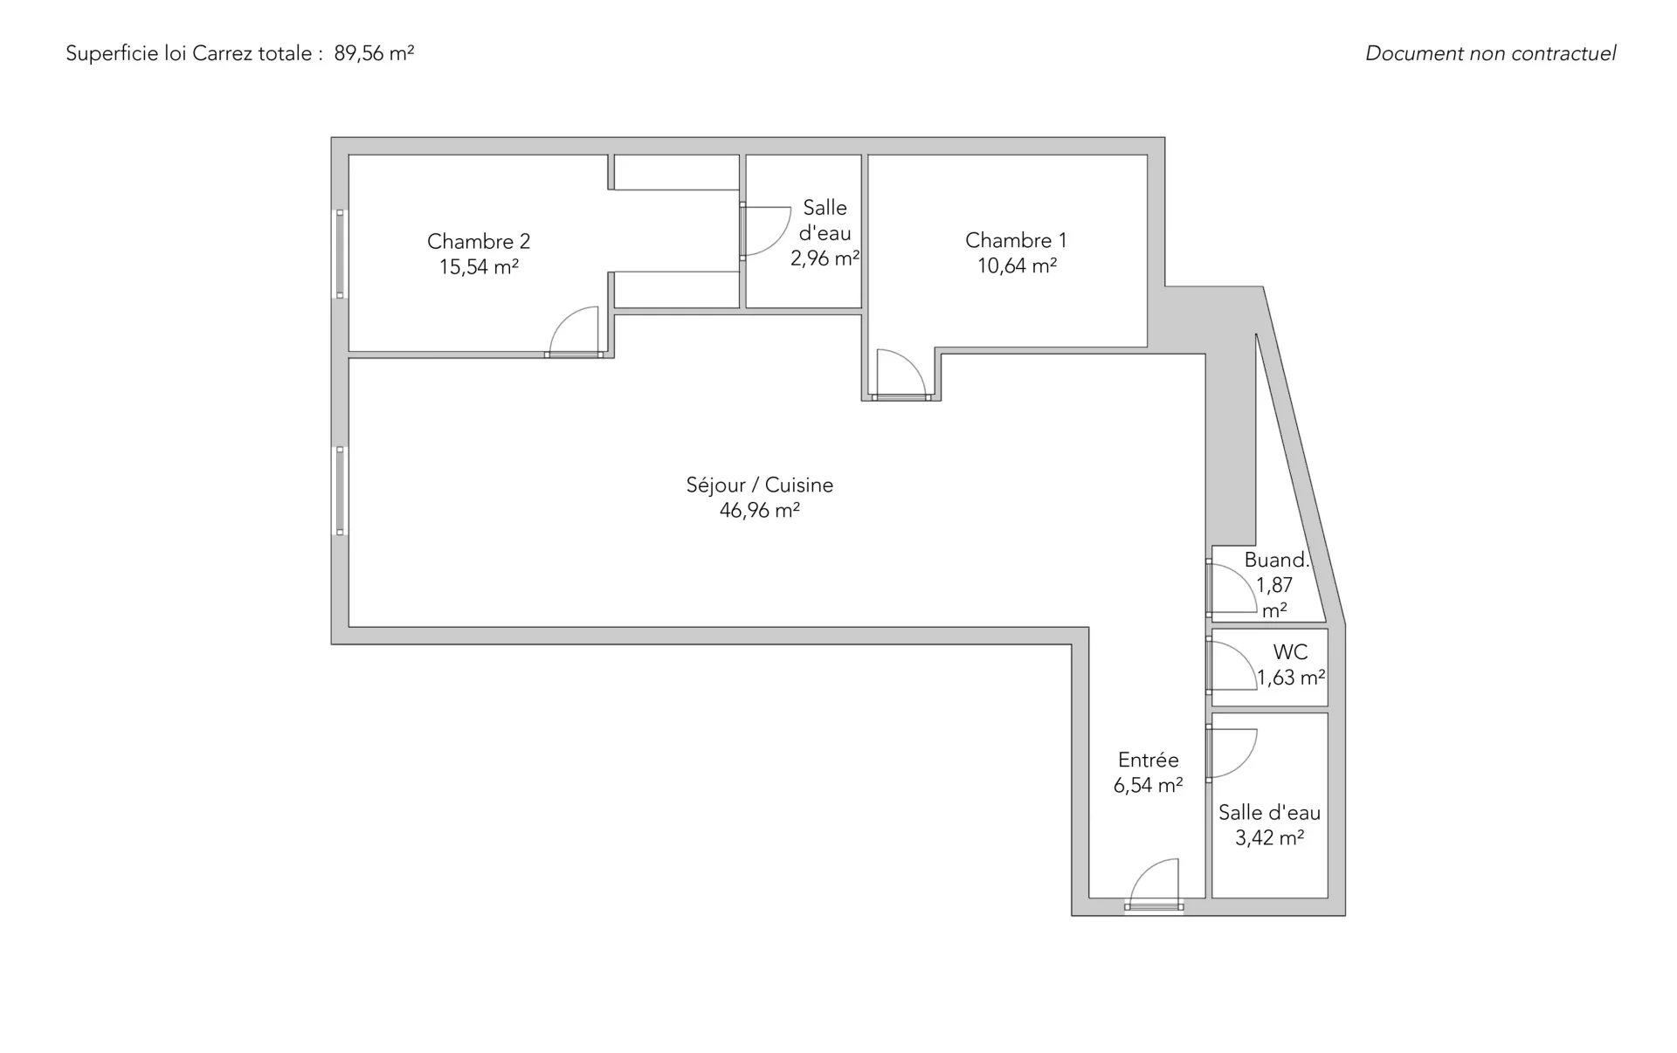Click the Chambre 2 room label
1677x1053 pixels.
coord(479,241)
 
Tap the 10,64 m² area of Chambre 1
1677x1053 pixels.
coord(1017,265)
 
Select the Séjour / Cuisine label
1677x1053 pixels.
coord(760,485)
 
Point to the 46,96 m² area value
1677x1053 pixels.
coord(760,510)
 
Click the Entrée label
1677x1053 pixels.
coord(1149,760)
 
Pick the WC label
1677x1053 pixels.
coord(1290,651)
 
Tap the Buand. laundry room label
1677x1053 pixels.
coord(1276,560)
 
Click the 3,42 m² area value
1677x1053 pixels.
coord(1270,838)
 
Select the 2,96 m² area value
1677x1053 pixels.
coord(825,258)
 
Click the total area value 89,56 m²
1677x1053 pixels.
coord(374,53)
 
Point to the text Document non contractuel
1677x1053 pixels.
coord(1491,53)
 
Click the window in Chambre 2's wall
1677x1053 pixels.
coord(341,254)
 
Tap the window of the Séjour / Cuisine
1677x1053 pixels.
coord(341,491)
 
